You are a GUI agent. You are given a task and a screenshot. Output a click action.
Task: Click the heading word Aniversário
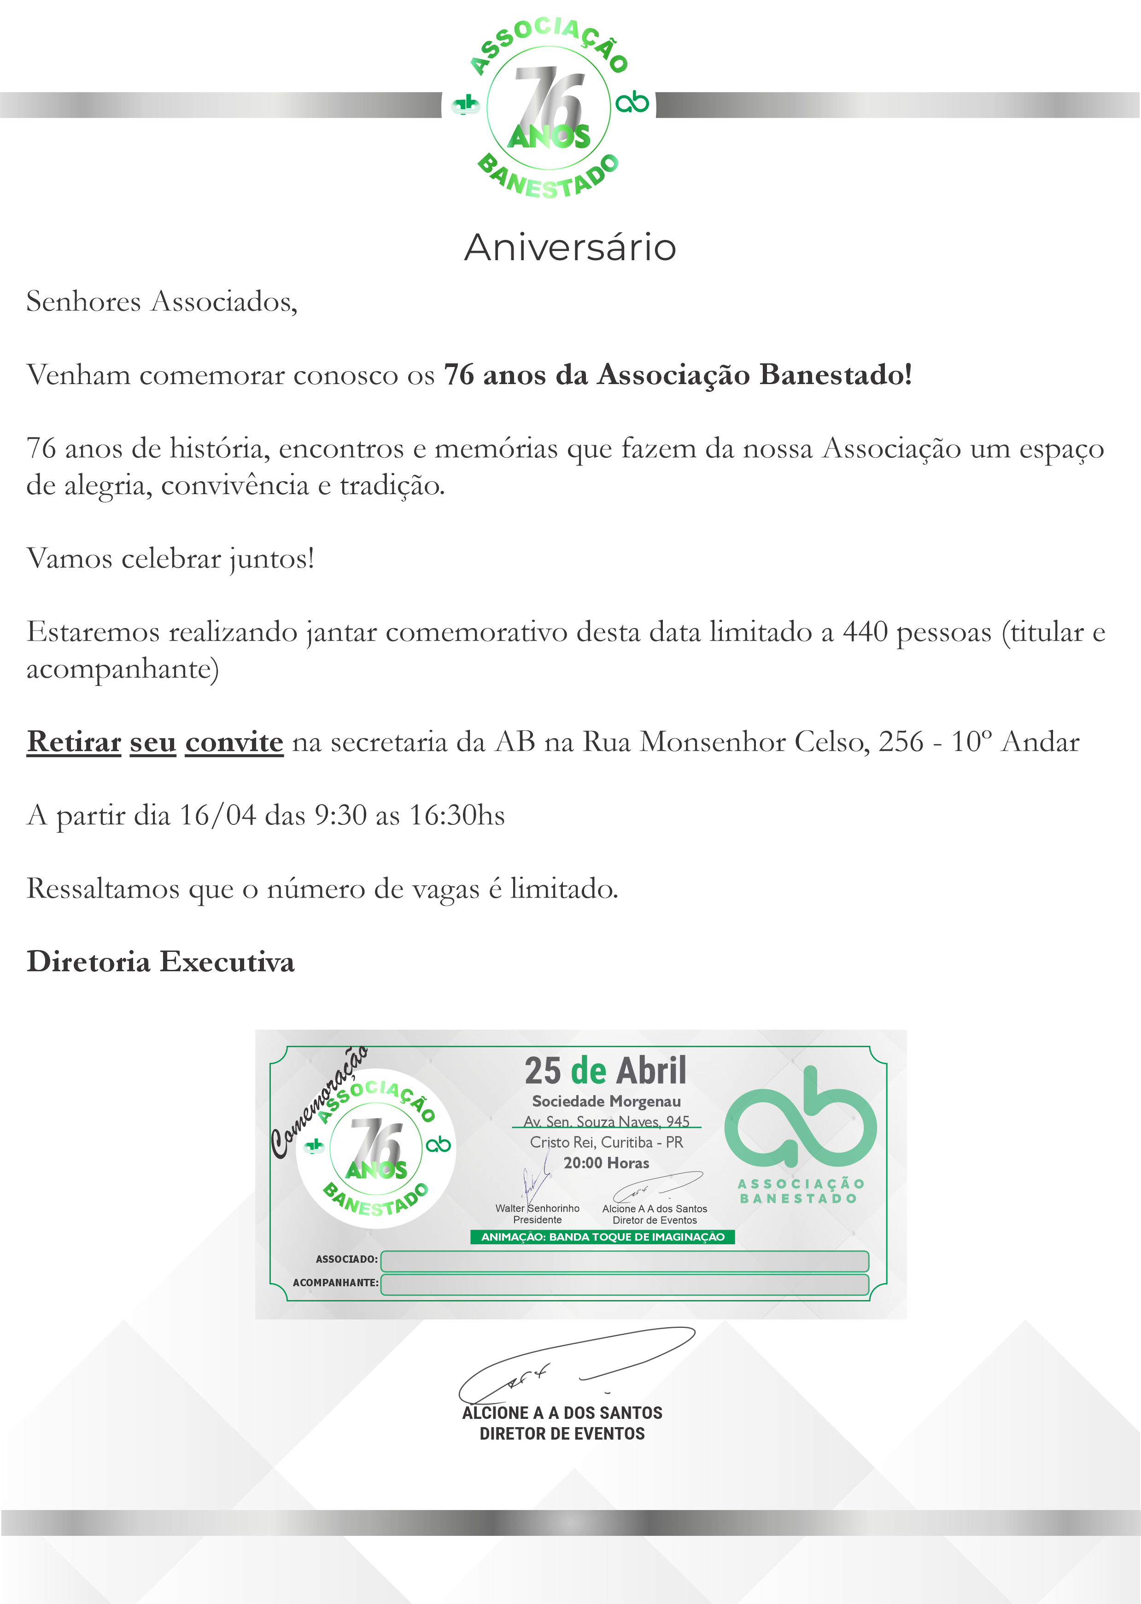[x=570, y=247]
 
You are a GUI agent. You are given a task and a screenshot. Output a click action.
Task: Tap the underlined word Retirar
[x=74, y=741]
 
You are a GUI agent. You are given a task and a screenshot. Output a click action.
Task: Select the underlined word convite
[x=234, y=741]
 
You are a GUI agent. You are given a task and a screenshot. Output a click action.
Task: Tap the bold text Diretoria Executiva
[x=160, y=962]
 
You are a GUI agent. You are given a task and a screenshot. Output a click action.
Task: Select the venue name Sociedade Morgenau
[x=606, y=1101]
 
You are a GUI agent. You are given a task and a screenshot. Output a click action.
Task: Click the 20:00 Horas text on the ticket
[x=606, y=1163]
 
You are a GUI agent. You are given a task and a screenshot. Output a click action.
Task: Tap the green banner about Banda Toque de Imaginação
[x=602, y=1237]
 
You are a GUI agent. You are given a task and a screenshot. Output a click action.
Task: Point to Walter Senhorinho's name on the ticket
[x=538, y=1208]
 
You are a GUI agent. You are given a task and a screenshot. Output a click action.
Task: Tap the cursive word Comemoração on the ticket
[x=317, y=1102]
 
